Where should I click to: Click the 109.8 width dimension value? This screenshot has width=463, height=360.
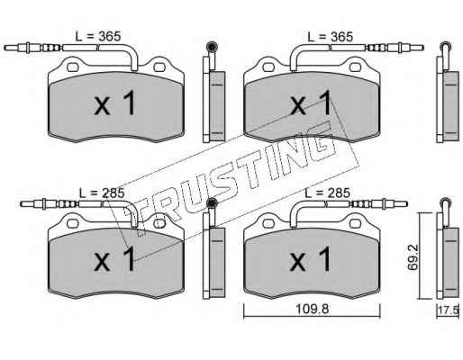click(312, 308)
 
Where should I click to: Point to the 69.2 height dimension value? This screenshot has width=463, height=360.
click(413, 257)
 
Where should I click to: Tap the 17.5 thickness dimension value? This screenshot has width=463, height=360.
click(449, 310)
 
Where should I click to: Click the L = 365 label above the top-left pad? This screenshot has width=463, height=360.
click(97, 37)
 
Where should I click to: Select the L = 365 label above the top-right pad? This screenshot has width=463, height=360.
click(331, 37)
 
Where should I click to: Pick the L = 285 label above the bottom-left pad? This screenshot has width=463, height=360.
click(102, 193)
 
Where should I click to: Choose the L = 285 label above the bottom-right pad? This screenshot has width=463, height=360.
click(327, 193)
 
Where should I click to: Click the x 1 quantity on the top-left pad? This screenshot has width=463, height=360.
click(115, 103)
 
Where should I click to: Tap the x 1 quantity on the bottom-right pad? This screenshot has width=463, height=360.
click(310, 259)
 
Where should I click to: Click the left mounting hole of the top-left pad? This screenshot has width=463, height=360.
click(72, 67)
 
